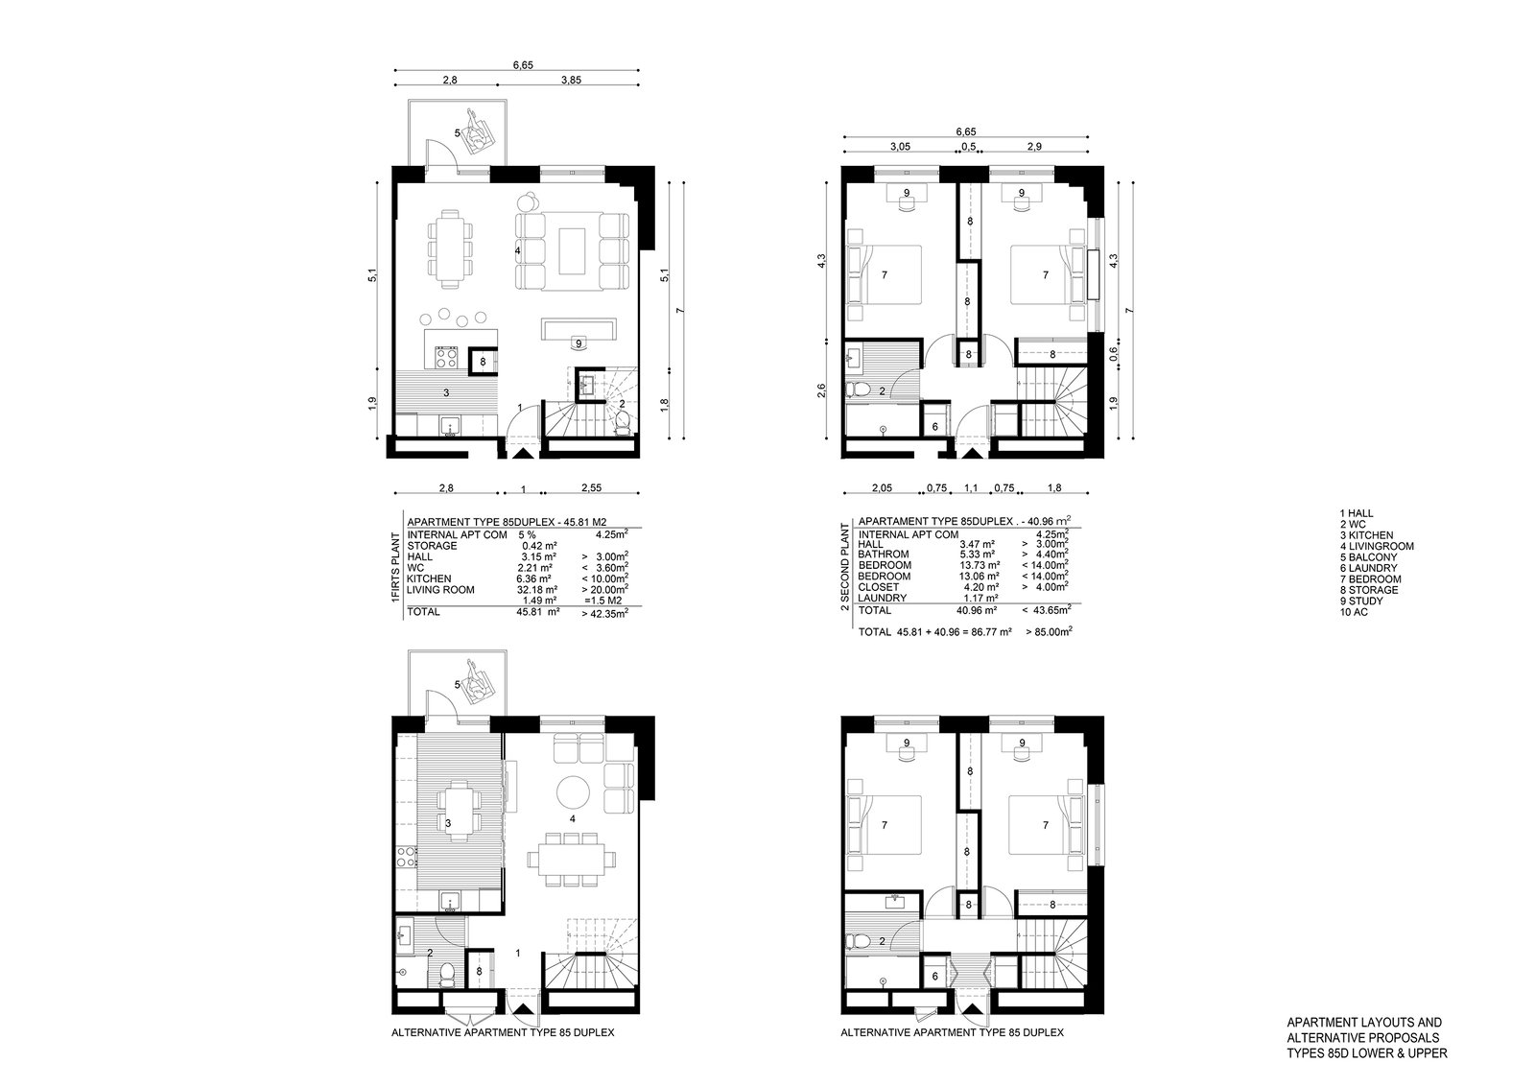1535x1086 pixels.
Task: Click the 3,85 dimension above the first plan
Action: click(x=571, y=80)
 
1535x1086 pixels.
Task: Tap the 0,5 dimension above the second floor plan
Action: click(x=968, y=146)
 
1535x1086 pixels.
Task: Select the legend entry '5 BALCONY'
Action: click(x=1368, y=557)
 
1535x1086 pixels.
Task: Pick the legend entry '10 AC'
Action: click(x=1354, y=612)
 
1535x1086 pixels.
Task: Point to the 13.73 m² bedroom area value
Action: click(x=980, y=565)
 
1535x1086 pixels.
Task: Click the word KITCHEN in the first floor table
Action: click(x=429, y=578)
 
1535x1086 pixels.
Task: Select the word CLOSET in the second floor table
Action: click(x=879, y=587)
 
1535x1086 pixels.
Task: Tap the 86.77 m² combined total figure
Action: click(x=990, y=631)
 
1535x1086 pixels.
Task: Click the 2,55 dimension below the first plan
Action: click(x=591, y=488)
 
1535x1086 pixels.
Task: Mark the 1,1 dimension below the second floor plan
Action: click(x=971, y=488)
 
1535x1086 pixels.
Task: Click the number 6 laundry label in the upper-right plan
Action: click(x=935, y=427)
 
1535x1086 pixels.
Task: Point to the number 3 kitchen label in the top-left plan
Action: click(x=446, y=392)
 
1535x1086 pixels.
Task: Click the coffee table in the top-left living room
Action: click(x=572, y=250)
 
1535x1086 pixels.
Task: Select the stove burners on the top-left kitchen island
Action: click(x=446, y=357)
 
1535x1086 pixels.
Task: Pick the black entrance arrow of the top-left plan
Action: click(x=522, y=453)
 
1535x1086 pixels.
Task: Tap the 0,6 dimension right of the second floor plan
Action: click(x=1113, y=354)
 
